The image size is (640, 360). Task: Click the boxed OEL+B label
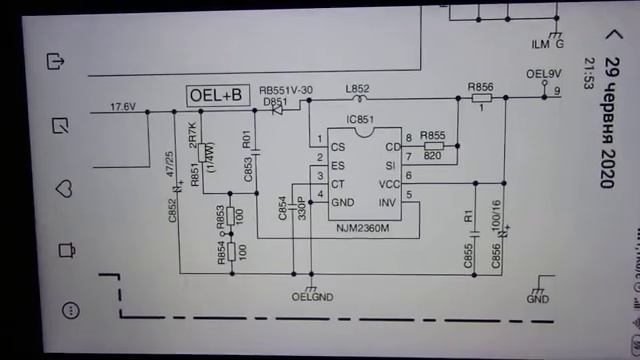217,95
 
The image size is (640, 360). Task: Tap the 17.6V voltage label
123,106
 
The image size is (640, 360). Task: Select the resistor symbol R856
480,98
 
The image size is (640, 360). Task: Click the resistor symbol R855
433,146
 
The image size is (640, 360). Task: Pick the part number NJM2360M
362,229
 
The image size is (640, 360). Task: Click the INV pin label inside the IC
389,203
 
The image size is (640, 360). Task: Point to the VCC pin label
389,184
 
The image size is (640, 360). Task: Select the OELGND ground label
312,297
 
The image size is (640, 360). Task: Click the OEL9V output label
544,74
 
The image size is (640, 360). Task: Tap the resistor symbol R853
231,215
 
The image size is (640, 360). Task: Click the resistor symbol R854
231,250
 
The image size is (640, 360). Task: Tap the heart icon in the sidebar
64,188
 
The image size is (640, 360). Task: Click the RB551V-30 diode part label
286,90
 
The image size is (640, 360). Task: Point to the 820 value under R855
433,155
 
